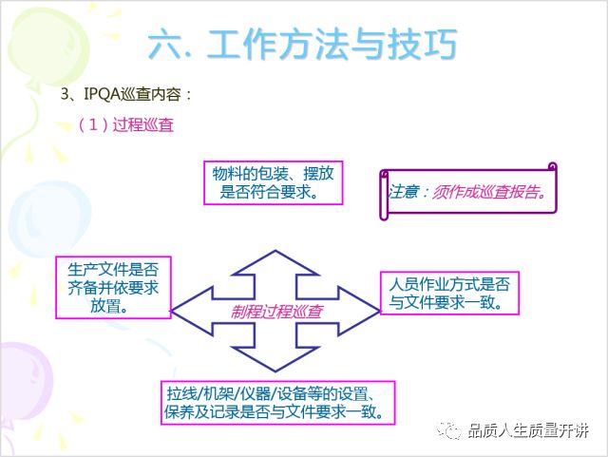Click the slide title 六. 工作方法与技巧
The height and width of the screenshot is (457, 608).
pyautogui.click(x=302, y=45)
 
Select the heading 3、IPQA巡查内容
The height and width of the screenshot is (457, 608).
pyautogui.click(x=126, y=94)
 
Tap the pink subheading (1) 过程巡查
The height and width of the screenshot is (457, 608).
pyautogui.click(x=126, y=124)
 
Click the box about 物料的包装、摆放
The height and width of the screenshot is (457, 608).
pyautogui.click(x=274, y=182)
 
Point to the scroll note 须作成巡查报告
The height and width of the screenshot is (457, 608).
pyautogui.click(x=468, y=192)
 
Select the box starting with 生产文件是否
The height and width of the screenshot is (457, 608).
pyautogui.click(x=113, y=288)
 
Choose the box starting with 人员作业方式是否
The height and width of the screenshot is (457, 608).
pyautogui.click(x=449, y=294)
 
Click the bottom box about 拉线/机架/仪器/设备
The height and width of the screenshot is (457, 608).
pyautogui.click(x=277, y=403)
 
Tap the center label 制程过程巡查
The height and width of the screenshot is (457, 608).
pyautogui.click(x=276, y=312)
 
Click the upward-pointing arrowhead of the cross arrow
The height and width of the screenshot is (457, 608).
pyautogui.click(x=275, y=263)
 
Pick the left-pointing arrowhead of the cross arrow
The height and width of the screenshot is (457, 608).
pyautogui.click(x=192, y=311)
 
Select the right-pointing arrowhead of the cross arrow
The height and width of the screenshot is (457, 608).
pyautogui.click(x=359, y=311)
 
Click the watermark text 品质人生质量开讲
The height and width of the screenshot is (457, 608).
pyautogui.click(x=528, y=430)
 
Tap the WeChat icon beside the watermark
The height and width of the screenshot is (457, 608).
pyautogui.click(x=448, y=430)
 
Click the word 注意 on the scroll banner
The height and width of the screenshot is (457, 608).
pyautogui.click(x=404, y=192)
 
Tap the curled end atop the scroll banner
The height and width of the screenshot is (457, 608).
pyautogui.click(x=553, y=167)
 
